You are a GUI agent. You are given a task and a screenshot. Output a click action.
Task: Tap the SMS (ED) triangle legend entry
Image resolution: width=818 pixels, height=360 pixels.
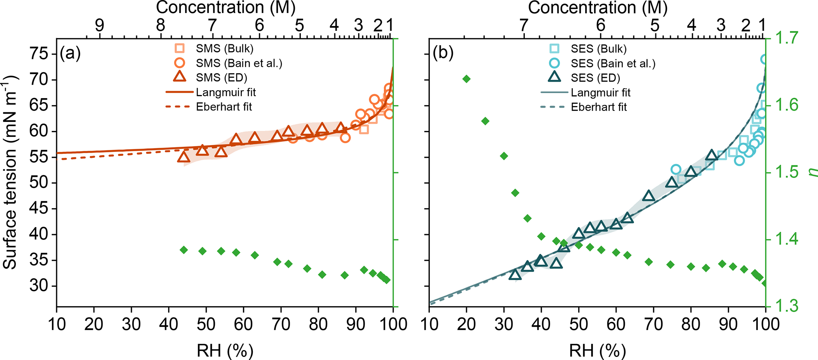(x=221, y=78)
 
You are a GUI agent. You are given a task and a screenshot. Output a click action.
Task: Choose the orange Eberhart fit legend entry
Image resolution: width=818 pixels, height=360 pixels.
(x=224, y=107)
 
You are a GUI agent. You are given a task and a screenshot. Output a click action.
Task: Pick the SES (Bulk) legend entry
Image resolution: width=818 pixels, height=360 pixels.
(x=598, y=49)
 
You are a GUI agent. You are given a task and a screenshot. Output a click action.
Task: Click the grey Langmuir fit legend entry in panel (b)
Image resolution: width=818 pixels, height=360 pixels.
(x=600, y=93)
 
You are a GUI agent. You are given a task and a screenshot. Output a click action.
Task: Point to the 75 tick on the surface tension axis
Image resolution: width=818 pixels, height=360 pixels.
(x=41, y=54)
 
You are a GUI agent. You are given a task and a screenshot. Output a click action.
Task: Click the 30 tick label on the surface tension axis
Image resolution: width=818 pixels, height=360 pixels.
(x=41, y=286)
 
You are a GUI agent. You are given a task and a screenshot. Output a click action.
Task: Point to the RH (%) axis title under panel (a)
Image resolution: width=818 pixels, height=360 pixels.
(x=225, y=350)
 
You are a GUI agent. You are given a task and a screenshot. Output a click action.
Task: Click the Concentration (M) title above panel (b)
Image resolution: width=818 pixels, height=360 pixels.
(x=598, y=8)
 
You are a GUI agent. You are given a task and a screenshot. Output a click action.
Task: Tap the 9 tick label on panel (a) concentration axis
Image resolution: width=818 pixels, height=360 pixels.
(x=99, y=26)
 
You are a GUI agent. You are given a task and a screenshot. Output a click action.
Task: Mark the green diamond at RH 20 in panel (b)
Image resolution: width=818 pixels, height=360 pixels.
(x=466, y=79)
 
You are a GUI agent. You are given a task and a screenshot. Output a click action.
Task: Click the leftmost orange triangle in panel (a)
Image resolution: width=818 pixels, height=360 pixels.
(x=184, y=157)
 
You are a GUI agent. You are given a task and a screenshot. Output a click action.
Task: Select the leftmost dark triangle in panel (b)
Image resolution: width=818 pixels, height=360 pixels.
(x=515, y=275)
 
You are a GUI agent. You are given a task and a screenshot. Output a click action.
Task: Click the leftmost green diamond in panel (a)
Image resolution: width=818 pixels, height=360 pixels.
(x=184, y=250)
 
